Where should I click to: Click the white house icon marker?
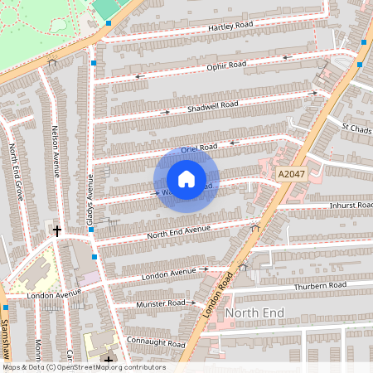pos(186,179)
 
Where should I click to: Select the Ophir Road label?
pos(226,65)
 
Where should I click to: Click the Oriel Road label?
pos(198,148)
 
